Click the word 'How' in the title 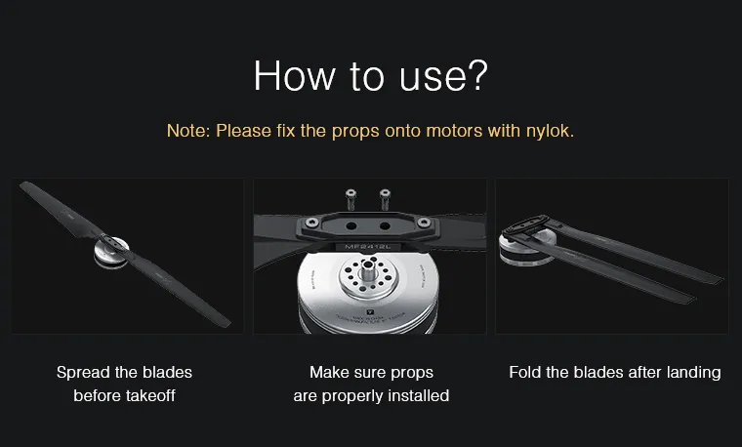pyautogui.click(x=294, y=76)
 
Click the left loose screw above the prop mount pyautogui.click(x=350, y=199)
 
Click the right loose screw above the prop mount pyautogui.click(x=385, y=199)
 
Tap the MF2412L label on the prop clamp pyautogui.click(x=367, y=247)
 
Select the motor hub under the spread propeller pyautogui.click(x=110, y=253)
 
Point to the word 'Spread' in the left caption pyautogui.click(x=83, y=373)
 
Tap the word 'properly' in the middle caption pyautogui.click(x=352, y=396)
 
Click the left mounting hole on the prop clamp pyautogui.click(x=351, y=226)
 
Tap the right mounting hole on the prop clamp pyautogui.click(x=385, y=226)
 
